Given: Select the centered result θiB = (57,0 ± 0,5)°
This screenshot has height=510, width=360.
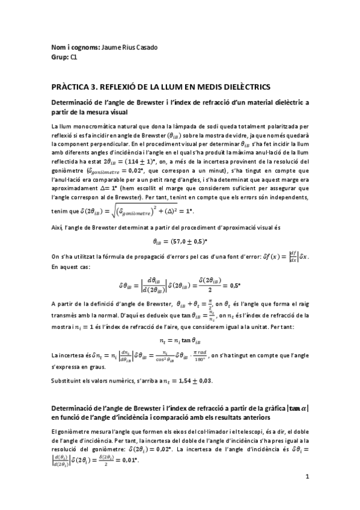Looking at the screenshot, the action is pos(180,242).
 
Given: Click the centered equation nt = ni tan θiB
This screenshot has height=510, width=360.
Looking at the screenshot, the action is pos(180,339).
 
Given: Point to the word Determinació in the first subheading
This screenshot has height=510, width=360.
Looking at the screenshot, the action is pos(76,103).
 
